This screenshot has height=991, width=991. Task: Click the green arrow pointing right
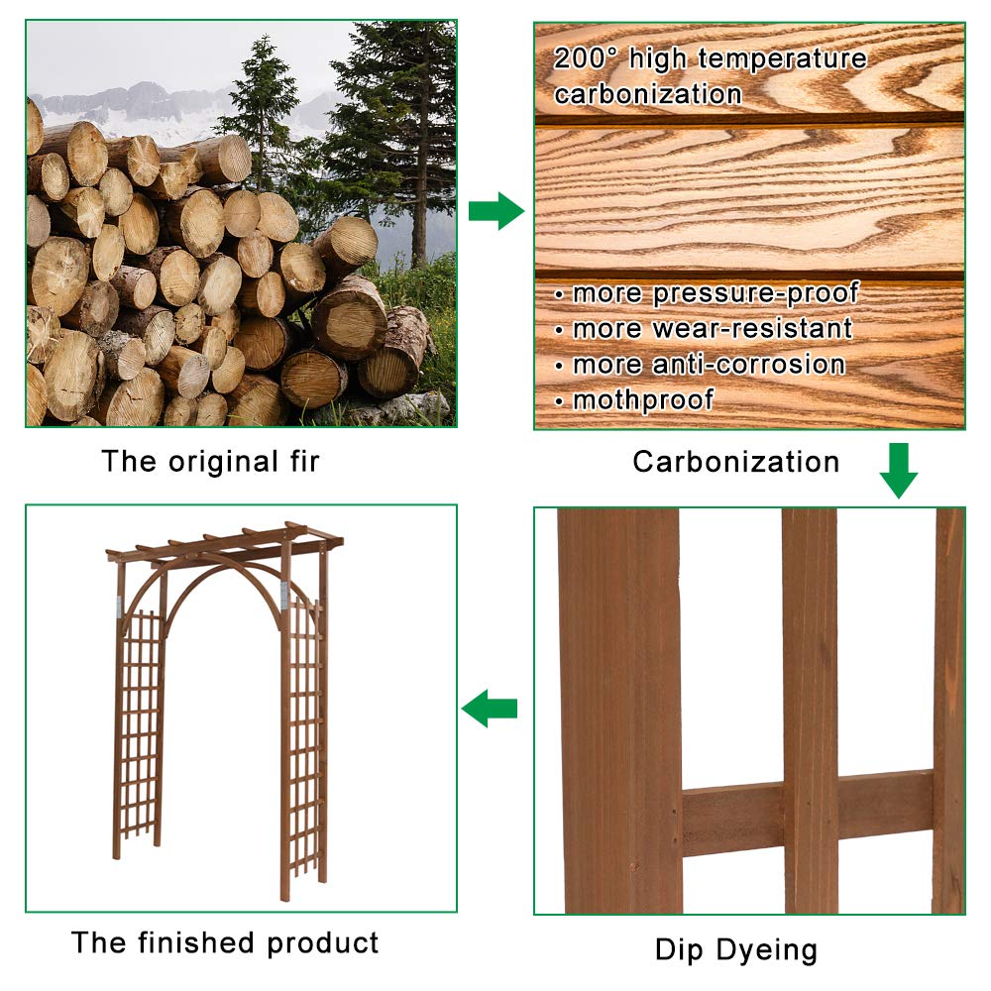[x=495, y=211]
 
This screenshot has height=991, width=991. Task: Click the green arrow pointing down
[x=898, y=470]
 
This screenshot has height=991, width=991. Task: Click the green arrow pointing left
[x=490, y=709]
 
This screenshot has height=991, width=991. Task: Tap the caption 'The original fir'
[x=210, y=462]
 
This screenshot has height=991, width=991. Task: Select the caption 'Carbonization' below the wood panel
[x=735, y=462]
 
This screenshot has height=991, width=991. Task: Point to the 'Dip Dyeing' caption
[x=735, y=950]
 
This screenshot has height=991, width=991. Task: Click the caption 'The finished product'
[x=225, y=941]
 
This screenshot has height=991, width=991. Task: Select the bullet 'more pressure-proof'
[x=706, y=293]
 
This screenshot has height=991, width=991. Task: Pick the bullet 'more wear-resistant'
[x=703, y=329]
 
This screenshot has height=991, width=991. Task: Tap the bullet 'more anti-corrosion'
[x=699, y=365]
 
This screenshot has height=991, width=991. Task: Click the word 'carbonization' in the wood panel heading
[x=647, y=94]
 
